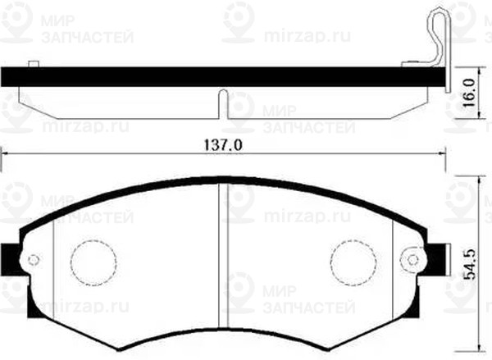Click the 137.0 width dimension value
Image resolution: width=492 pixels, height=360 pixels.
(x=224, y=144)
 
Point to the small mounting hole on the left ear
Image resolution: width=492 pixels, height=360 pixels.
(x=33, y=261)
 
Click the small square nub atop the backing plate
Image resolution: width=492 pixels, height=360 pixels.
(x=33, y=64)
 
